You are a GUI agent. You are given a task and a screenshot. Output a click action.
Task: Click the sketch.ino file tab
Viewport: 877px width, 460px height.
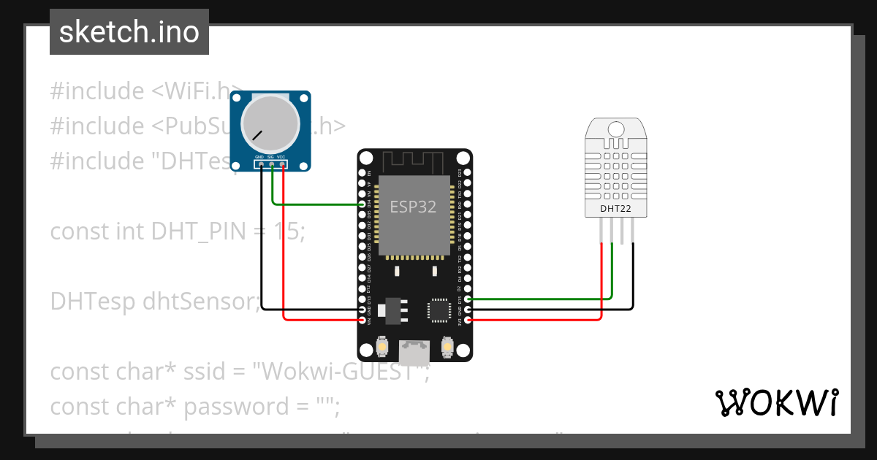tap(129, 32)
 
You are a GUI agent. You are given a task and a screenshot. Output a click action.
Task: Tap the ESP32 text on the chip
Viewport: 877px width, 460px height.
tap(413, 207)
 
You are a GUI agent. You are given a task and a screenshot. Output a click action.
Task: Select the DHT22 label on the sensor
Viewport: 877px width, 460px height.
tap(615, 209)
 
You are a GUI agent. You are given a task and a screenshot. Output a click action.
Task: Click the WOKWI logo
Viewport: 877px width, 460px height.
tap(776, 402)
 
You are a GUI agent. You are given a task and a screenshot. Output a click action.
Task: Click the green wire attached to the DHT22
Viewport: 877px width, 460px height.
tap(541, 299)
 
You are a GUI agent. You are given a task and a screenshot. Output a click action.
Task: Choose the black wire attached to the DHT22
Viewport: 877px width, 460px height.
tap(555, 310)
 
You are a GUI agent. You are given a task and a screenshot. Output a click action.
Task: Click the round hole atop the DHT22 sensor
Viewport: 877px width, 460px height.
tap(616, 129)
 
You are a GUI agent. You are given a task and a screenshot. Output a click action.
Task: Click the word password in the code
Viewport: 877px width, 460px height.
tap(227, 406)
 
